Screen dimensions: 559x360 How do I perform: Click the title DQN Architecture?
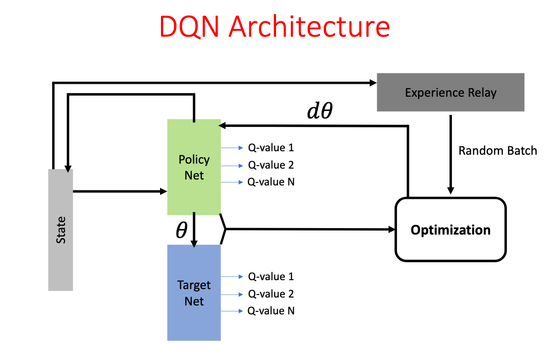click(x=275, y=27)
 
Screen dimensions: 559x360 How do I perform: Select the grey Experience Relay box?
click(x=450, y=92)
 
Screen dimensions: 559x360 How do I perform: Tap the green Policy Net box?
click(x=194, y=167)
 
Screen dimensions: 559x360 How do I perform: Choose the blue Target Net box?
click(x=194, y=293)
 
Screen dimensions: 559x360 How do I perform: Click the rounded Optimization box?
click(x=450, y=230)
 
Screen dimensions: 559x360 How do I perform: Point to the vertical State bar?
click(x=60, y=230)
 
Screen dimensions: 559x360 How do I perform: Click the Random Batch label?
click(x=498, y=151)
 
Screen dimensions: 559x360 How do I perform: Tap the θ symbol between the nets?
click(x=181, y=230)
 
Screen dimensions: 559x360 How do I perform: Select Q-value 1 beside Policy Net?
click(x=271, y=148)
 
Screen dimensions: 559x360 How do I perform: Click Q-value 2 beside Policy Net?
click(x=271, y=165)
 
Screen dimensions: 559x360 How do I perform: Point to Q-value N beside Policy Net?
click(x=271, y=182)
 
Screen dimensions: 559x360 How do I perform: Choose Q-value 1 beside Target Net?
click(x=271, y=277)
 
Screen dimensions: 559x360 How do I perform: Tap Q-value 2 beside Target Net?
click(x=271, y=294)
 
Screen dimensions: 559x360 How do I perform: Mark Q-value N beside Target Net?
click(x=271, y=311)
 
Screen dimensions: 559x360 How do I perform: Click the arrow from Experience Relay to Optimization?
click(x=450, y=155)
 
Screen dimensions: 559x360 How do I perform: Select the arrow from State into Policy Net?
click(x=120, y=191)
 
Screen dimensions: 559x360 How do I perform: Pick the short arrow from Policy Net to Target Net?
click(x=194, y=230)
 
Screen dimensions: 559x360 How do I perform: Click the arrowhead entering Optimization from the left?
click(x=392, y=230)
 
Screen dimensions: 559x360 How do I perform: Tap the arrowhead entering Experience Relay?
click(x=373, y=83)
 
